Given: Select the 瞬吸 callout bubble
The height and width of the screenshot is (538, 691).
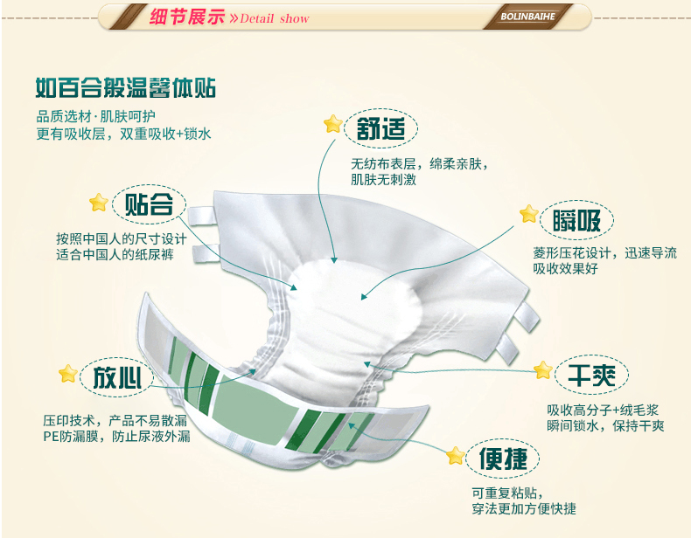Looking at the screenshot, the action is click(576, 221).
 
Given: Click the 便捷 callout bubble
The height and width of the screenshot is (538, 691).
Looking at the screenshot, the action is click(502, 458).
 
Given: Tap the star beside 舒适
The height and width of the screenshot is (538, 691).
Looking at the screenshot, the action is click(332, 123).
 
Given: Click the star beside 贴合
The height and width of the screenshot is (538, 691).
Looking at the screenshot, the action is click(99, 203).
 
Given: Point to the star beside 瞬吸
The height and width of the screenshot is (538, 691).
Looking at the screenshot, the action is click(528, 213).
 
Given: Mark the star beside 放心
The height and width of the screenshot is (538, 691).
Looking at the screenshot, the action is click(67, 374).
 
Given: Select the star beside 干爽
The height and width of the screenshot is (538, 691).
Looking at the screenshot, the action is click(542, 369).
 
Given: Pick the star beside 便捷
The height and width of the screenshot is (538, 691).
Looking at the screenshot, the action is click(455, 455).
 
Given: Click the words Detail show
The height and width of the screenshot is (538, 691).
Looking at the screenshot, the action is click(275, 18).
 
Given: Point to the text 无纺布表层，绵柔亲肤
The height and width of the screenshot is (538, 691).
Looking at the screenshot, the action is click(419, 163).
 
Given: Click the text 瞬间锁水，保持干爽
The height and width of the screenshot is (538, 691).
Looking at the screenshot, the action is click(605, 426).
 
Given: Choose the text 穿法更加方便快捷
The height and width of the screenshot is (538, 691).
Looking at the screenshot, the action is click(523, 509).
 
